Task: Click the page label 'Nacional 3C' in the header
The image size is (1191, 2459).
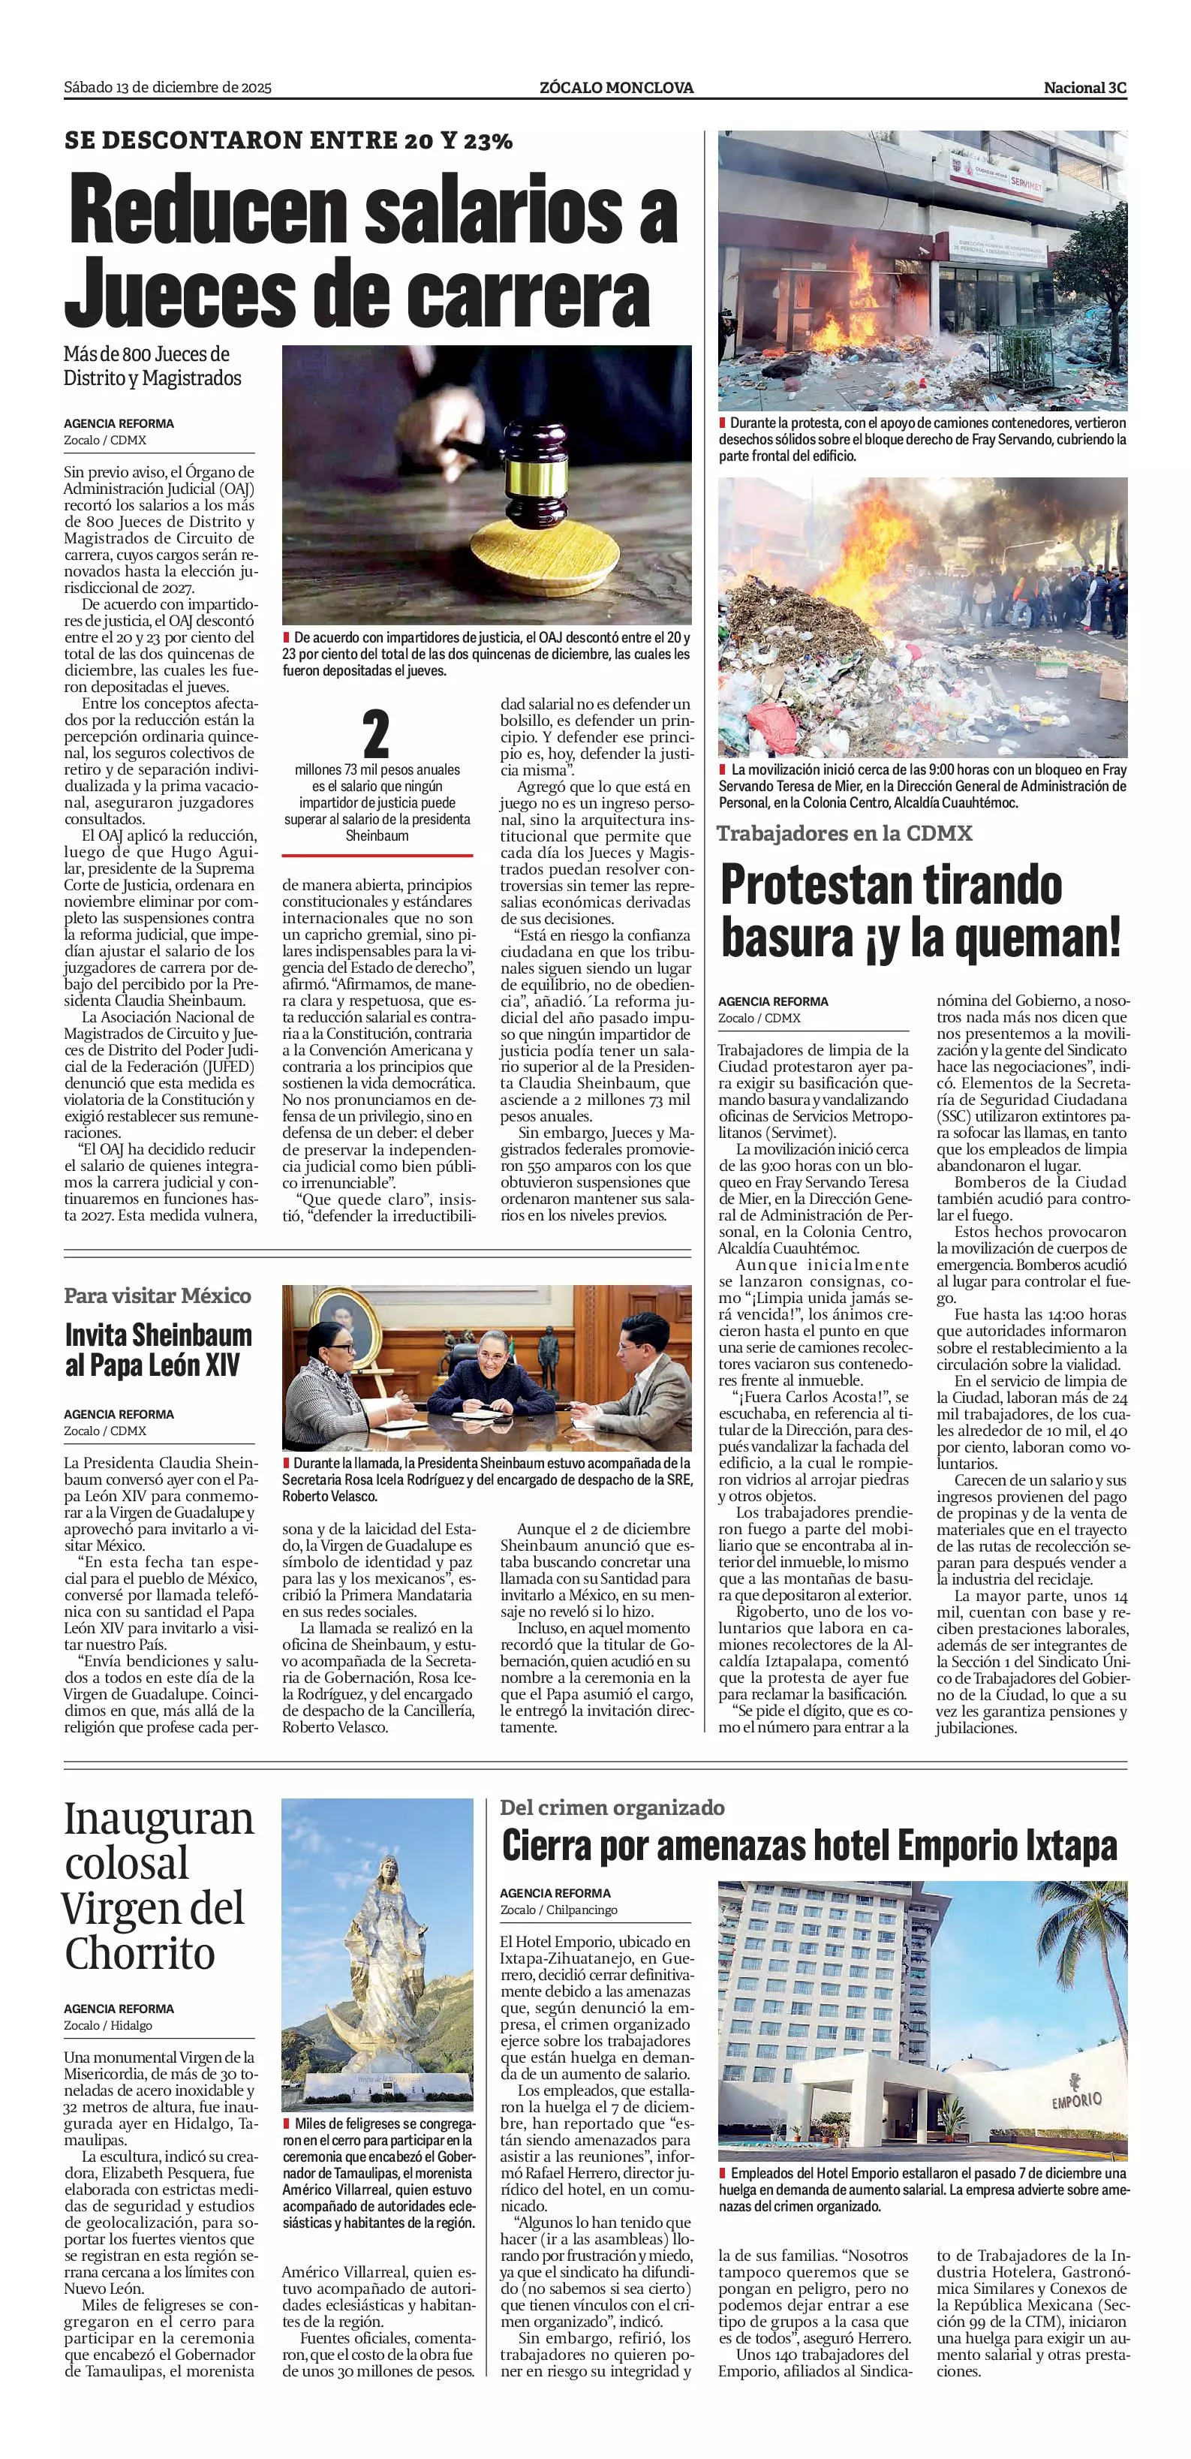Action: coord(1084,88)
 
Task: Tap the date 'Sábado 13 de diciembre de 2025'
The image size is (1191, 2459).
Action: coord(168,88)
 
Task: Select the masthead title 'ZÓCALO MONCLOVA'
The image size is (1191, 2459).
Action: coord(616,88)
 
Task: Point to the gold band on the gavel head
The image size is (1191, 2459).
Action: coord(533,474)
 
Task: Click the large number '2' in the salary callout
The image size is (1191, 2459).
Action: coord(377,735)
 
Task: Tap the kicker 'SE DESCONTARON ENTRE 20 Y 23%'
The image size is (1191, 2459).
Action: coord(288,141)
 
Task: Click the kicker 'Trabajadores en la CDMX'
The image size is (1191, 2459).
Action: coord(844,833)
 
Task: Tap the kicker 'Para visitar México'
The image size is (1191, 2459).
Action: coord(158,1296)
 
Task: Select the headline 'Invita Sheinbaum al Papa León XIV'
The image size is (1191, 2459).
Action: coord(158,1350)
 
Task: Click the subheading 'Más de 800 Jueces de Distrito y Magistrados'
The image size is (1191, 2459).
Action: coord(152,366)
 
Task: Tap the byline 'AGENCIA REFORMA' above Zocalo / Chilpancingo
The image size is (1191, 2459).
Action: coord(555,1893)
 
